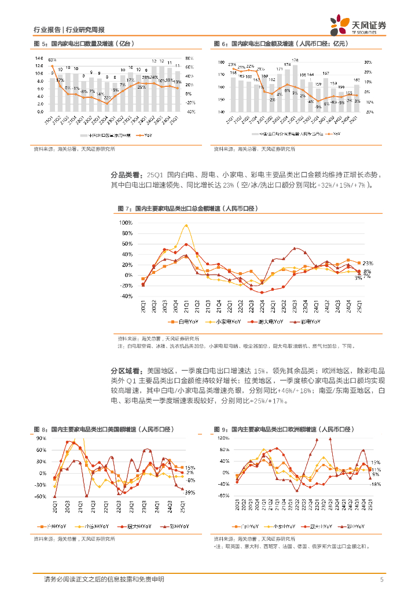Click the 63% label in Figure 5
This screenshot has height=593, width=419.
(x=52, y=60)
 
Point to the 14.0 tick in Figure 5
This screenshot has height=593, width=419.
(x=39, y=58)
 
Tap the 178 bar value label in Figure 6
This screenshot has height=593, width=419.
(x=295, y=60)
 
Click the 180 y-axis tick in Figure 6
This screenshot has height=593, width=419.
(x=220, y=62)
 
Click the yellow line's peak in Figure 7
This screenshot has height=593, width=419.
(x=186, y=225)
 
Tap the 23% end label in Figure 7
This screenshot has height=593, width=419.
(x=367, y=263)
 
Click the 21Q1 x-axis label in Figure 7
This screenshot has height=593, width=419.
(x=186, y=304)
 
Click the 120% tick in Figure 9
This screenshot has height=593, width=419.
(x=223, y=438)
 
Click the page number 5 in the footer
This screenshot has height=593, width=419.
(x=381, y=579)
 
